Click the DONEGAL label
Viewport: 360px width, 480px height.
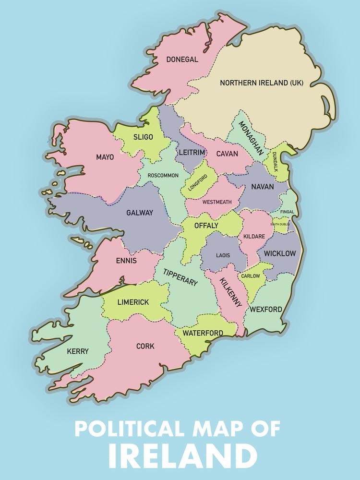pos(182,60)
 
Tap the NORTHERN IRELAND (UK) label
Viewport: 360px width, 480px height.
pos(262,83)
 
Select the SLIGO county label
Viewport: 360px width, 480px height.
pos(143,137)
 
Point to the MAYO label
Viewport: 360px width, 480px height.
pos(105,157)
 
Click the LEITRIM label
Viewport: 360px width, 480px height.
pos(192,152)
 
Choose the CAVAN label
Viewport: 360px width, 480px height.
pos(227,154)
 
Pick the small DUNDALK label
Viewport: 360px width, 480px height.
pos(275,162)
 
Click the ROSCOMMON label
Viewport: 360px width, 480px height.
pos(163,175)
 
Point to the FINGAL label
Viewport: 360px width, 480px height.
pos(288,212)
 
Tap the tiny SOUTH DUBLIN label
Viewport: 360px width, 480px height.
pos(280,224)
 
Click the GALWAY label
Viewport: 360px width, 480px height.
pos(139,212)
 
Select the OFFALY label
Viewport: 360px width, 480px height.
pos(206,225)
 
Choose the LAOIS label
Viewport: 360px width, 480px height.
pos(223,255)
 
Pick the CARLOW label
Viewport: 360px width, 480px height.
pos(250,276)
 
